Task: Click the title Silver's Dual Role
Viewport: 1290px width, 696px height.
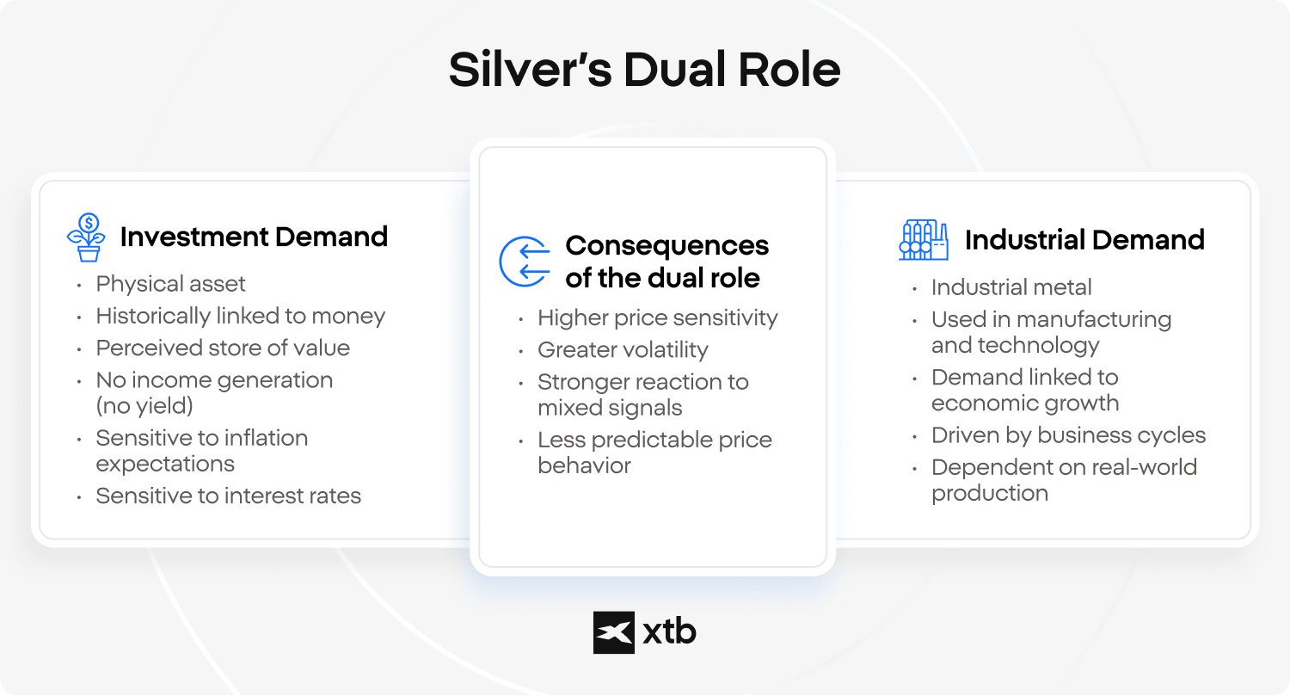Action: tap(644, 70)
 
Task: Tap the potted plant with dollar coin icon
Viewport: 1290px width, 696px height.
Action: tap(86, 237)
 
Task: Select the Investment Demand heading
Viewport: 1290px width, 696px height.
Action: tap(254, 237)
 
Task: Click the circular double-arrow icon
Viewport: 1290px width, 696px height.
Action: tap(524, 262)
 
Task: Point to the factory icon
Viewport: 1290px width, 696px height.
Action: tap(924, 240)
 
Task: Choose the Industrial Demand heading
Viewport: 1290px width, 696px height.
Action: tap(1084, 240)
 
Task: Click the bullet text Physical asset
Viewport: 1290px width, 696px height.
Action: tap(170, 284)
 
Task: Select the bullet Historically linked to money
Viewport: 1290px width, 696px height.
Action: tap(240, 317)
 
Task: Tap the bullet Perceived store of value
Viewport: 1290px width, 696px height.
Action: tap(223, 348)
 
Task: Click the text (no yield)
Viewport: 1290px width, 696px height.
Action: tap(144, 405)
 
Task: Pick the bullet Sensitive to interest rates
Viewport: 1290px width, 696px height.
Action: tap(228, 496)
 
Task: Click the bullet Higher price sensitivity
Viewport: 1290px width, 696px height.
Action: tap(658, 318)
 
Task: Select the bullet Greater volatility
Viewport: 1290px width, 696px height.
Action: tap(623, 350)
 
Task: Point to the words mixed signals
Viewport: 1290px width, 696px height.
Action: tap(610, 408)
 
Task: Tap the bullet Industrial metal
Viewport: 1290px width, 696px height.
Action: tap(1011, 287)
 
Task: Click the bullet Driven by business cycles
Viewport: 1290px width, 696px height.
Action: tap(1068, 435)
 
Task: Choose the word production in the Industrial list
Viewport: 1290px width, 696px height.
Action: tap(989, 493)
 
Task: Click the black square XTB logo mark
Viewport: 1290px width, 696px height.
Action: tap(614, 632)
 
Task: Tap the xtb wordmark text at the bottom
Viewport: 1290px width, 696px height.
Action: tap(669, 631)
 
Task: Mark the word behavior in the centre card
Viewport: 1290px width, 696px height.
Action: tap(584, 465)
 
